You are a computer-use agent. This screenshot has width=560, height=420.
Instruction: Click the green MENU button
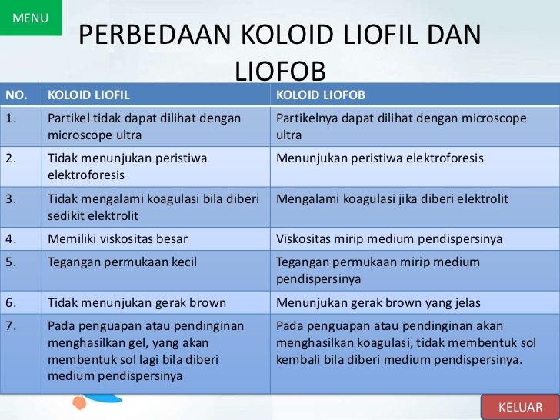click(31, 18)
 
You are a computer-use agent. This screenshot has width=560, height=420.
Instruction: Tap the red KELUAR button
click(520, 406)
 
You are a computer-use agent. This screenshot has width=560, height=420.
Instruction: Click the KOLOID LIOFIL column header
click(88, 95)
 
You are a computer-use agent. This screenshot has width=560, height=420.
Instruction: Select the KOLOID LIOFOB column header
click(321, 95)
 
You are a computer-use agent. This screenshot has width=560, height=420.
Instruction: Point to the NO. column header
click(17, 95)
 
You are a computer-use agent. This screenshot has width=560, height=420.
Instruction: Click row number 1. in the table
click(12, 118)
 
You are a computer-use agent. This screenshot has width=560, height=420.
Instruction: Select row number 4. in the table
click(12, 239)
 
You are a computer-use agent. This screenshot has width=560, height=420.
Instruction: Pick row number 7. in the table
click(12, 325)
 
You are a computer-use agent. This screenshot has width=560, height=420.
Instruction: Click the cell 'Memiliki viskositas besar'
click(118, 239)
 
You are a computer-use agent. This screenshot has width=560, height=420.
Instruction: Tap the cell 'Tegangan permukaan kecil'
click(122, 262)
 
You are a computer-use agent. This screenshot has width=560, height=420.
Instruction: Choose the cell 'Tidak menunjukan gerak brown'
click(132, 302)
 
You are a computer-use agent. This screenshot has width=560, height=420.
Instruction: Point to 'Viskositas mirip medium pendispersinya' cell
click(389, 239)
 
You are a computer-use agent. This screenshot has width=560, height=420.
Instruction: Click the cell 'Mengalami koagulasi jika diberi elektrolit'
click(392, 198)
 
